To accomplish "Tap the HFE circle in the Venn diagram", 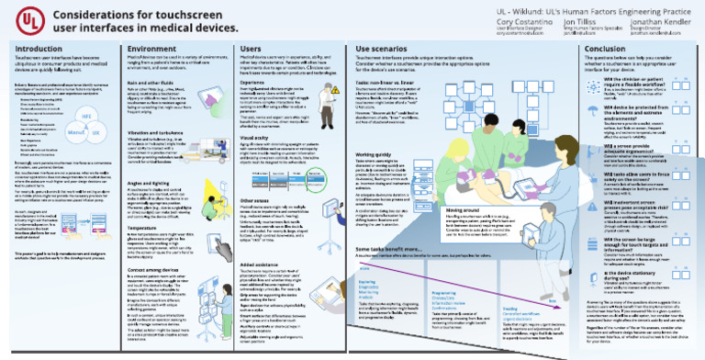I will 87,118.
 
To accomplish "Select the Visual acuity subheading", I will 255,137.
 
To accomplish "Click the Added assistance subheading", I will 260,238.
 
